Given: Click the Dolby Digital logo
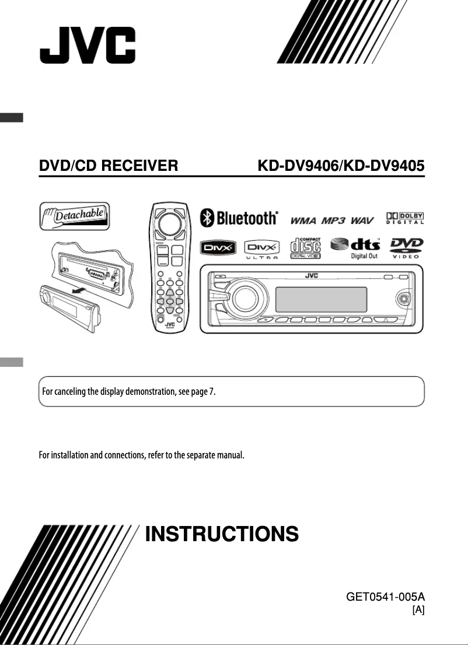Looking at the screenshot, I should [405, 218].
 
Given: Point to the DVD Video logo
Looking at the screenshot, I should [407, 248].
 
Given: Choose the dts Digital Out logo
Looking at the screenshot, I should [356, 248].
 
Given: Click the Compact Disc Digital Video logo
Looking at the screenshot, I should [305, 247].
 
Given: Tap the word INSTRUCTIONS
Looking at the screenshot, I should [222, 534].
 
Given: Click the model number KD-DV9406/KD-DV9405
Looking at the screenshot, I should [341, 166].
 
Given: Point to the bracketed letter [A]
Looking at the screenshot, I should [418, 610].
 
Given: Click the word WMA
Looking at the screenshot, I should [303, 220].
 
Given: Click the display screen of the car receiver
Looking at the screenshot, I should [320, 299].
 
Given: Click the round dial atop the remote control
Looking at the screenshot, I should [170, 223].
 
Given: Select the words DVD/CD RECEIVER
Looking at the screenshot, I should [108, 166].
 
